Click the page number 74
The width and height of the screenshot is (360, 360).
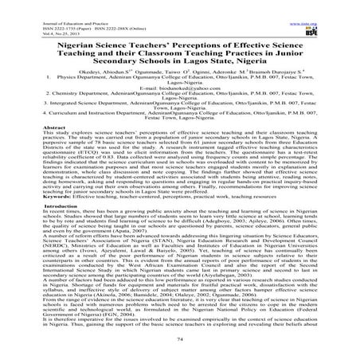point(179,351)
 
